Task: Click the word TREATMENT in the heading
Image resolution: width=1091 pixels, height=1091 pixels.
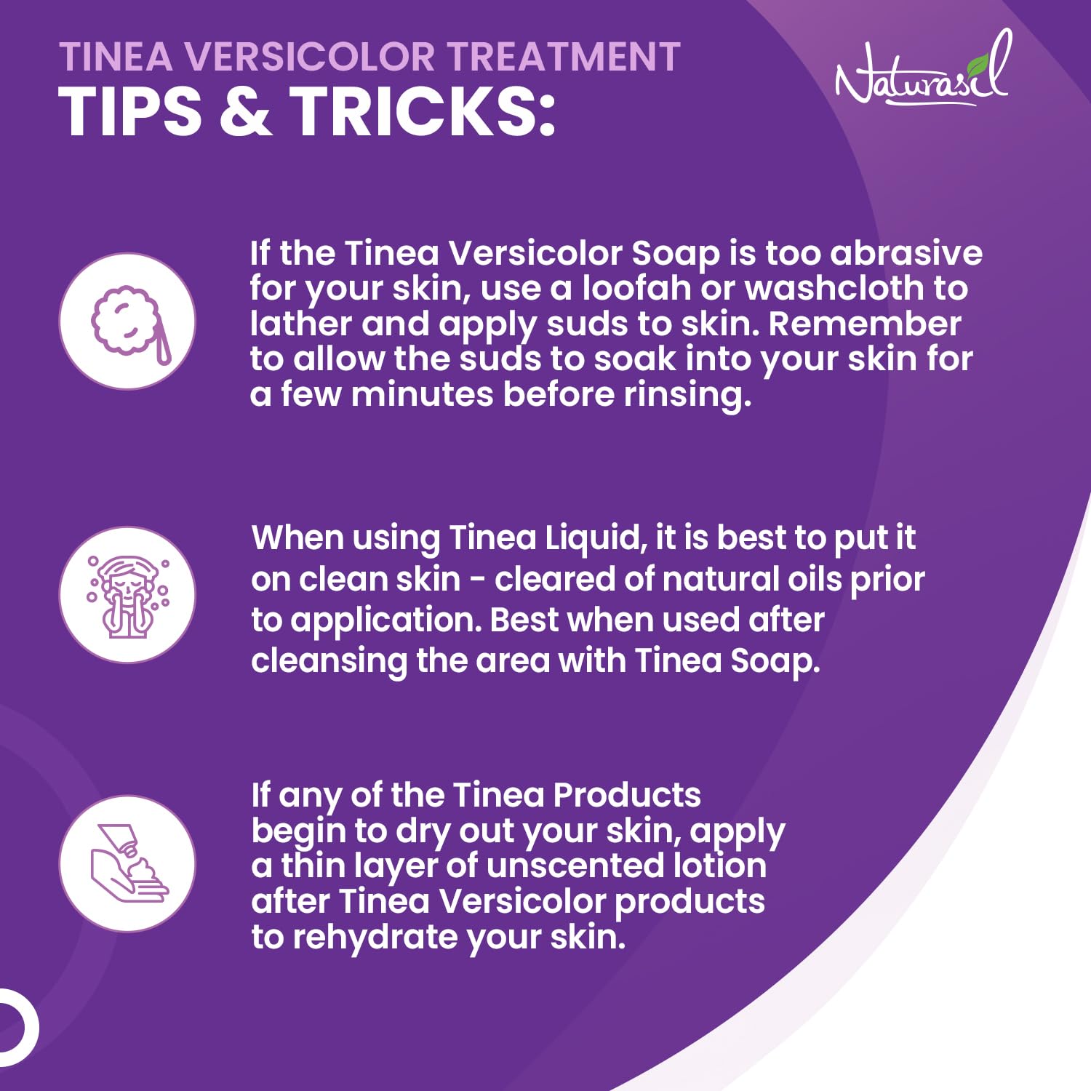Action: pos(563,57)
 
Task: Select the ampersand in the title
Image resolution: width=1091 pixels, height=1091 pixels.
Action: pos(245,111)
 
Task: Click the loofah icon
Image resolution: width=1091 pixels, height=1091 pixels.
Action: pos(128,321)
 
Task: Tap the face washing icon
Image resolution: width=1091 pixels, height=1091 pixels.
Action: pos(128,595)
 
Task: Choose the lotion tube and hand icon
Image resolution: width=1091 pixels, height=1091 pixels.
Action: pos(128,863)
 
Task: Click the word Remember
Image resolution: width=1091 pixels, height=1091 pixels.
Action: pos(865,324)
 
